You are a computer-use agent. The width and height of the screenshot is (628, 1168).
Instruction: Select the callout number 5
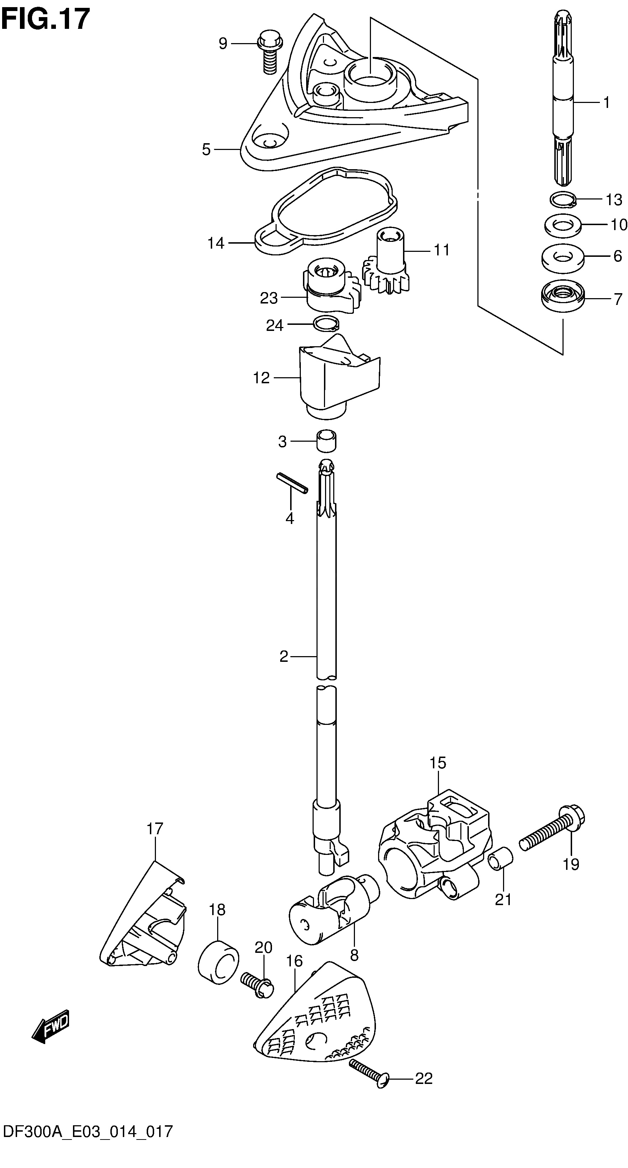(206, 149)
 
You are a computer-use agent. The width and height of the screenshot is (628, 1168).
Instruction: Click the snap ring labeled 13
(562, 199)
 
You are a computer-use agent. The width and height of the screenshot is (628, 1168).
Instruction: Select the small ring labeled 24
(326, 323)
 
